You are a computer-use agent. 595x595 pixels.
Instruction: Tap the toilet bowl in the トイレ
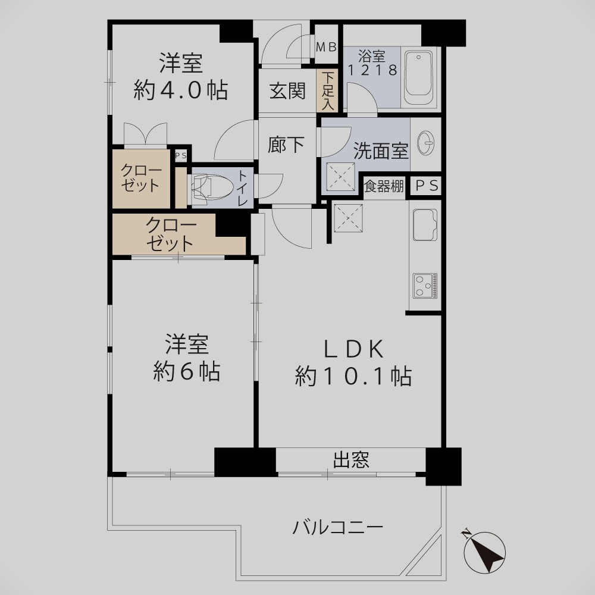click(x=212, y=187)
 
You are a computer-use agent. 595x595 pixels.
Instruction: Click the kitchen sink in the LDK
click(x=425, y=225)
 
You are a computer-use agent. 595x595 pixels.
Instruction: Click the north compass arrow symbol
click(x=484, y=552)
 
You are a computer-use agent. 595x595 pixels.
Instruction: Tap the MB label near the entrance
click(x=326, y=47)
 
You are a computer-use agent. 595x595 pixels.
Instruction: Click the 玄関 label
click(x=287, y=91)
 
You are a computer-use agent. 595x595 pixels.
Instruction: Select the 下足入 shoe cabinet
click(x=327, y=91)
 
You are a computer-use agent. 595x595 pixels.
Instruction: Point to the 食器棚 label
click(x=384, y=186)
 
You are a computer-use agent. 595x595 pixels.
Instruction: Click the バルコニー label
click(x=338, y=527)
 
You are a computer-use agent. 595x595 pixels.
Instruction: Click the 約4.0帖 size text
click(x=181, y=90)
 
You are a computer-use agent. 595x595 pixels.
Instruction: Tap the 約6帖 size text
click(x=187, y=371)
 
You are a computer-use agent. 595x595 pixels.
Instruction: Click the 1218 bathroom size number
click(x=372, y=70)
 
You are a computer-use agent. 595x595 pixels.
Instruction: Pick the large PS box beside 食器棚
click(x=427, y=186)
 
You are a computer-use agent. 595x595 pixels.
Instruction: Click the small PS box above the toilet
click(x=181, y=155)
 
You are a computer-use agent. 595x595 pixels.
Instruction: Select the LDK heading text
click(x=353, y=349)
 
